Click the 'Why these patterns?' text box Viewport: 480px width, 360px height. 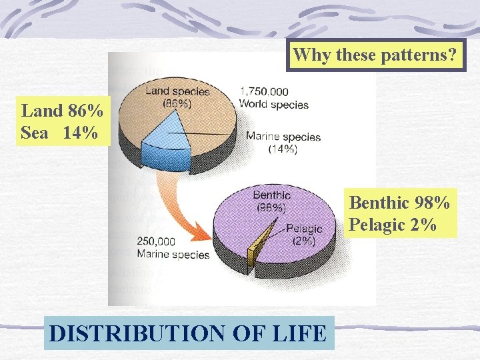pyautogui.click(x=376, y=55)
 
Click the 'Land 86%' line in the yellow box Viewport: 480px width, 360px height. pyautogui.click(x=62, y=110)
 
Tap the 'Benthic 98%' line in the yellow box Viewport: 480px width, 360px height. pyautogui.click(x=399, y=201)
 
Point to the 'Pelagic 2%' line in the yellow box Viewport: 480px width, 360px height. pyautogui.click(x=393, y=224)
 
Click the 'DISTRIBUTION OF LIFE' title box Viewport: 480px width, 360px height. pyautogui.click(x=188, y=332)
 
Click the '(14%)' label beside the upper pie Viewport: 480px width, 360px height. pyautogui.click(x=283, y=149)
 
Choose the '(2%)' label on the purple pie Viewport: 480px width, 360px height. pyautogui.click(x=302, y=241)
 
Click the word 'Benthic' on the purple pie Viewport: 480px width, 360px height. pyautogui.click(x=271, y=195)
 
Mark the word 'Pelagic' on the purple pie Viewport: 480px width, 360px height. pyautogui.click(x=304, y=229)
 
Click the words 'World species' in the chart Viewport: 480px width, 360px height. pyautogui.click(x=274, y=104)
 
